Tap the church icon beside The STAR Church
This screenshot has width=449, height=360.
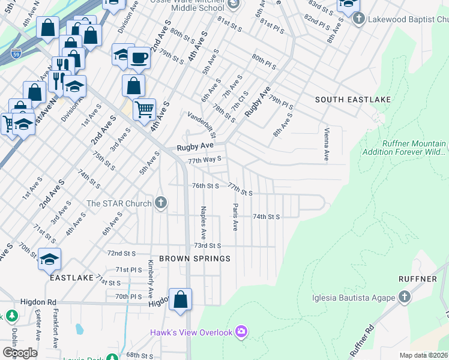tap(160, 203)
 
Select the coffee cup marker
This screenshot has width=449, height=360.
tap(139, 58)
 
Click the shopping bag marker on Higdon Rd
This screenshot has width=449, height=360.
tap(180, 299)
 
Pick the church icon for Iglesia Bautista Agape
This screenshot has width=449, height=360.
tap(405, 298)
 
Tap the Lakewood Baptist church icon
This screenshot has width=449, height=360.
tap(358, 19)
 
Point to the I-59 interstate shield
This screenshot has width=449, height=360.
tap(16, 53)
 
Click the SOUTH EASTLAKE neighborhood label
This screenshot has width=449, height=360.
tap(354, 99)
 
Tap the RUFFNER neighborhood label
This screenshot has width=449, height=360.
tap(417, 279)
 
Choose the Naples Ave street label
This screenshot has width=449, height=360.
tap(203, 220)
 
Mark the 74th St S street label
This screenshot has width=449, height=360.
tap(266, 216)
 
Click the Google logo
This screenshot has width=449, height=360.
tap(20, 353)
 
